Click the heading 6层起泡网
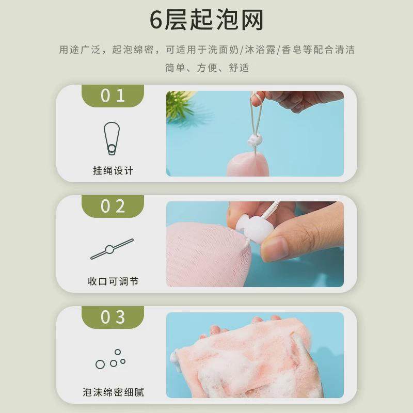click(x=206, y=20)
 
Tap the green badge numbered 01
click(x=113, y=96)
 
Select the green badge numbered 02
click(x=113, y=206)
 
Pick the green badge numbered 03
click(x=113, y=317)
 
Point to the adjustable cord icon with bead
click(x=112, y=249)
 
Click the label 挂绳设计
click(x=113, y=171)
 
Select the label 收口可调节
click(x=113, y=281)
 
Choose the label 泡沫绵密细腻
click(x=113, y=392)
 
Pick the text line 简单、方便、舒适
click(x=206, y=68)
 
